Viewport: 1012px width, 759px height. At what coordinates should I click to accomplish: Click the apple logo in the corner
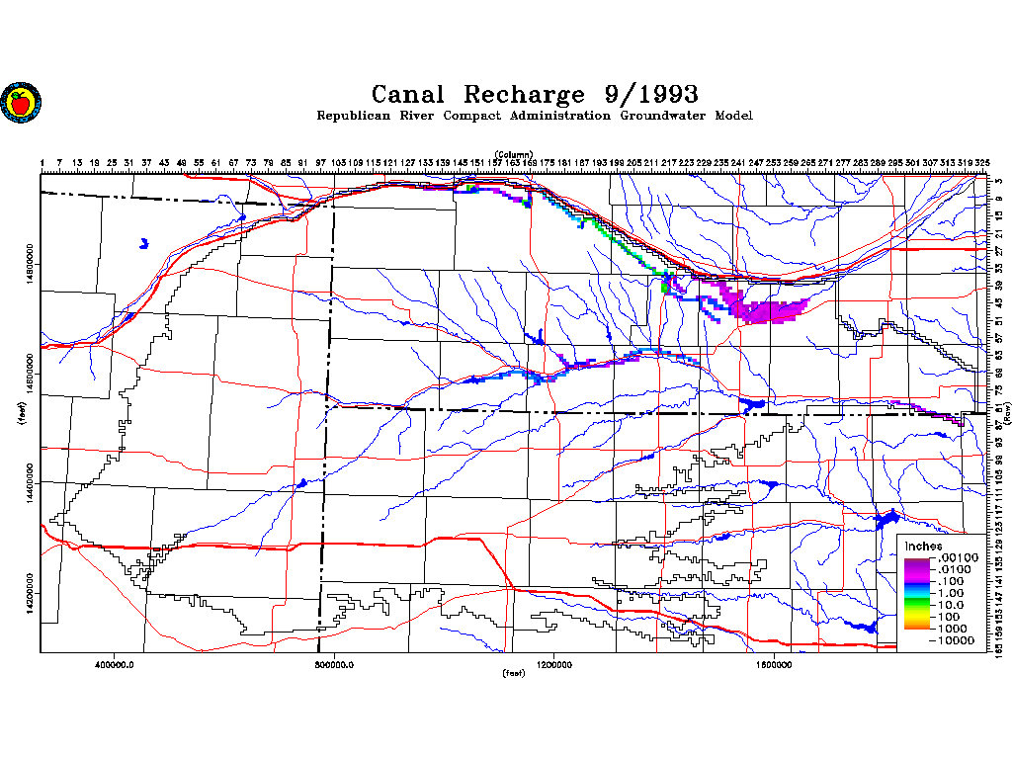(x=20, y=101)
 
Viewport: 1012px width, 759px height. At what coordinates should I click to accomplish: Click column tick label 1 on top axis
(x=42, y=162)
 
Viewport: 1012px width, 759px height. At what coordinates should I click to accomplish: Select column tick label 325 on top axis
(x=982, y=162)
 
